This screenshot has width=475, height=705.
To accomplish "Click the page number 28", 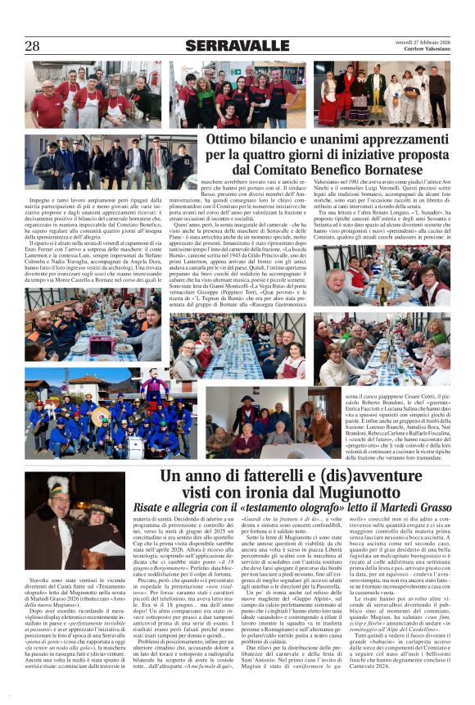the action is click(32, 46).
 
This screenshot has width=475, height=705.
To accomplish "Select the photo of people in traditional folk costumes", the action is click(381, 95).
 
